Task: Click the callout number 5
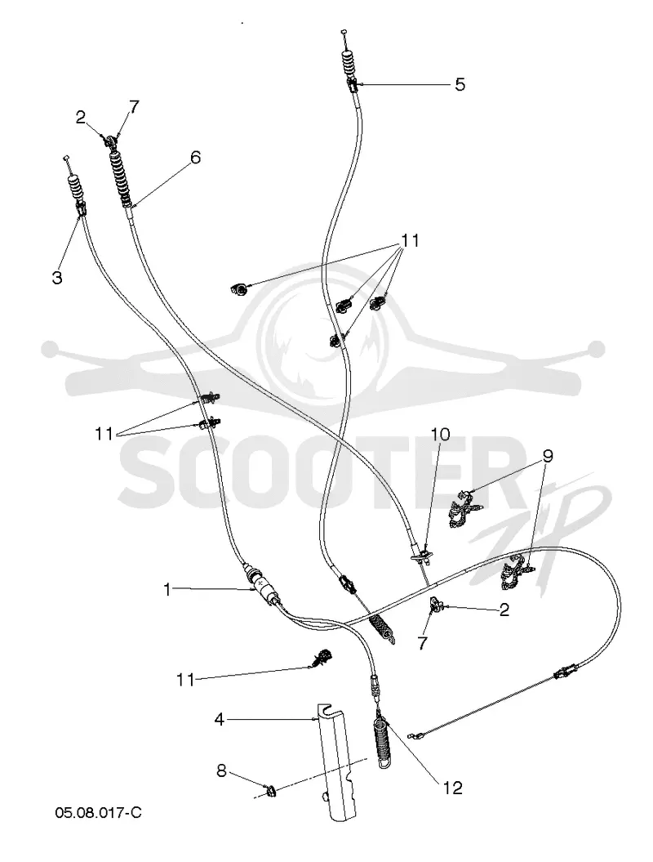[460, 85]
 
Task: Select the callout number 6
[195, 158]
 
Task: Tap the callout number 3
[57, 278]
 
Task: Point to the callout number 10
[440, 435]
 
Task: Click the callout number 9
[547, 456]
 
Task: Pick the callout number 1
[167, 590]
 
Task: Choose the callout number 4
[220, 719]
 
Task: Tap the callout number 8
[221, 770]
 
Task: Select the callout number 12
[453, 788]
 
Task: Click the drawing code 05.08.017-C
[98, 812]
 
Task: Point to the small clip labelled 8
[270, 791]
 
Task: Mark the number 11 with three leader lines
[411, 240]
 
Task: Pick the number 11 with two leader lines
[104, 434]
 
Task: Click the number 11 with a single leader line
[185, 680]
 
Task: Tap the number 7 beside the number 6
[134, 105]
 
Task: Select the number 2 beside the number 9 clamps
[504, 609]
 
